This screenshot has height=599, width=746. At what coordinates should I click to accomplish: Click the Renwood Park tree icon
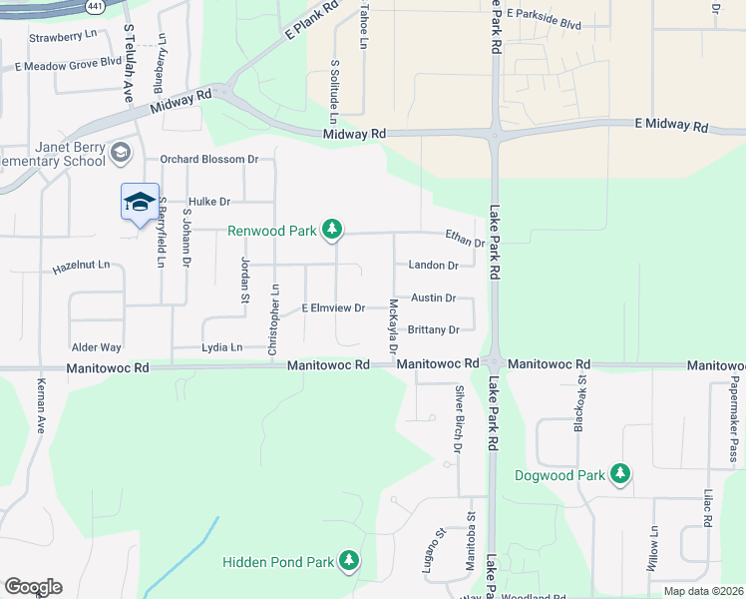coord(332,231)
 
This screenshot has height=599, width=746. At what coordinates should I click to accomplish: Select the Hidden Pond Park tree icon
coord(349,561)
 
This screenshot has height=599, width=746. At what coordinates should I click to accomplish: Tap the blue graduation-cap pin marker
coord(140,202)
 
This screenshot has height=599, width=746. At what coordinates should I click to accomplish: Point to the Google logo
coord(33,586)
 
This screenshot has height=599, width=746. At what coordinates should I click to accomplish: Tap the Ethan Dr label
coord(465,238)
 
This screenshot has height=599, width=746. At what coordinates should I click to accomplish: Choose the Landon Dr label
coord(433,266)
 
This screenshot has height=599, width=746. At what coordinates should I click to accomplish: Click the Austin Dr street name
coord(433,298)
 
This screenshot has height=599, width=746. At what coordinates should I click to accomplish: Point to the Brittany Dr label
coord(433,329)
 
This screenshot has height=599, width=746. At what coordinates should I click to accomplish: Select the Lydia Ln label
coord(222,347)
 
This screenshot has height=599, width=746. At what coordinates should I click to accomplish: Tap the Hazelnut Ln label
coord(81,269)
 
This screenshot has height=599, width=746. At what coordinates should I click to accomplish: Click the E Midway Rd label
coord(671,126)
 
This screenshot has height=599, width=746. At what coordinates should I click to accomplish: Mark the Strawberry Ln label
coord(61,38)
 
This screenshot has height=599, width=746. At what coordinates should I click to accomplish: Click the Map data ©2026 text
coord(702,591)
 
